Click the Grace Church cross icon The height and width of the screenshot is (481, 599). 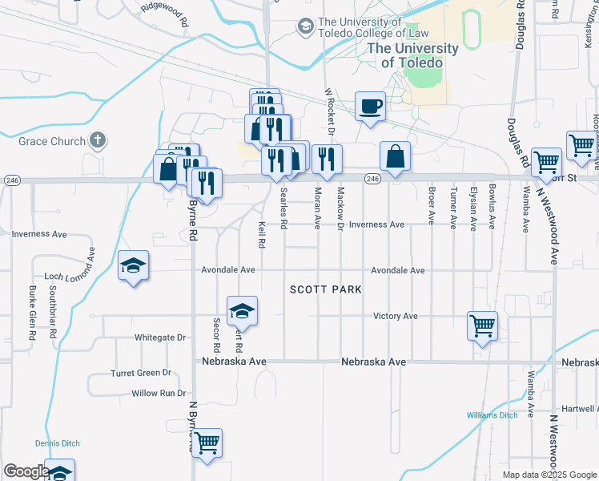pos(97,141)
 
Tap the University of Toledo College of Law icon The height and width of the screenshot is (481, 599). pos(305,27)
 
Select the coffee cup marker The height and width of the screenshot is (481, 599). pos(370,107)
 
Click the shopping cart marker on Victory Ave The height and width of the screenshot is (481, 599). pos(482,325)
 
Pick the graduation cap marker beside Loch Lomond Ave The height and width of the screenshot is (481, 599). pos(133,266)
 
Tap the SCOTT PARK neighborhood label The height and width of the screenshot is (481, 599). pos(326,289)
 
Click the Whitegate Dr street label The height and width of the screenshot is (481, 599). pos(160,338)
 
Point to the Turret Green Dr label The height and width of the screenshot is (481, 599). pos(141,373)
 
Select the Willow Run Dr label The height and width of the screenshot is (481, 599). pos(159,394)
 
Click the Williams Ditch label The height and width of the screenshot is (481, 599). pos(492,414)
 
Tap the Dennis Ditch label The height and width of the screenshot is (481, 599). pos(55,443)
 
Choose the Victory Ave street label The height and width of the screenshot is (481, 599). pos(396,317)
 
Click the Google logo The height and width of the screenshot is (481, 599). pos(26,471)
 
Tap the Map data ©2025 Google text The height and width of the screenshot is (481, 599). pos(548,475)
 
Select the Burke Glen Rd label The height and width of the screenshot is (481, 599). pos(33,312)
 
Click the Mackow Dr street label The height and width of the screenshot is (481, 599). pos(340,206)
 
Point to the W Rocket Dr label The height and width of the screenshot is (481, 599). pos(329,105)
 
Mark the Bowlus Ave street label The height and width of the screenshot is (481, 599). pos(492,207)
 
